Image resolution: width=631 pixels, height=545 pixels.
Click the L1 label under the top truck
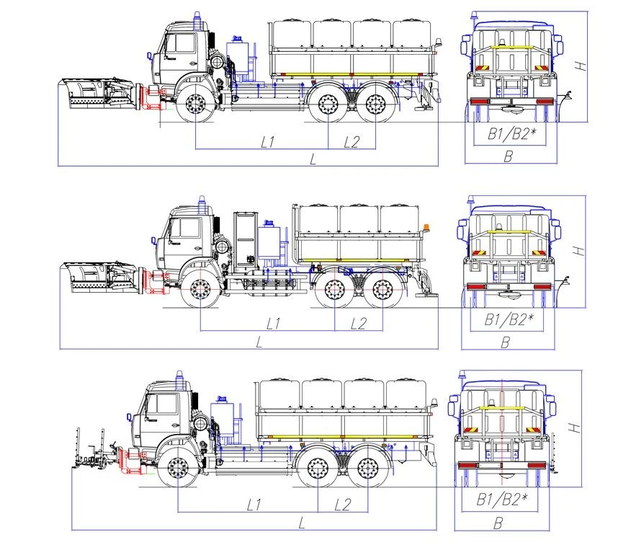pyautogui.click(x=268, y=142)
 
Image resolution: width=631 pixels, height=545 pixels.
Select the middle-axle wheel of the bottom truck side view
pyautogui.click(x=318, y=469)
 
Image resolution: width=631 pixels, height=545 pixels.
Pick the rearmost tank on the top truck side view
pyautogui.click(x=413, y=34)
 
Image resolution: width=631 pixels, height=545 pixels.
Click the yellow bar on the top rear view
pyautogui.click(x=510, y=47)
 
